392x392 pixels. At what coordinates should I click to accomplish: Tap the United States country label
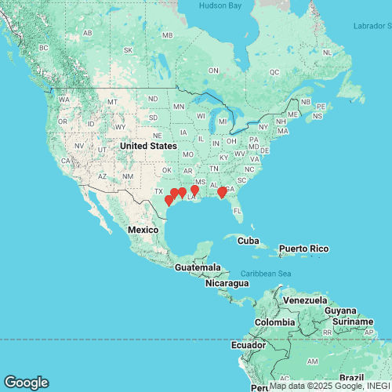click(148, 146)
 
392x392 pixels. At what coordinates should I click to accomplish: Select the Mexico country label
click(143, 229)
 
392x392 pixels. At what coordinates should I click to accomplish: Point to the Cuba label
click(248, 240)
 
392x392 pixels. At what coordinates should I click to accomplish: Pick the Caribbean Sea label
click(267, 273)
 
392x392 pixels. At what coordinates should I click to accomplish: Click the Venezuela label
click(305, 301)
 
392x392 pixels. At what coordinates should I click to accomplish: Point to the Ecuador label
click(246, 344)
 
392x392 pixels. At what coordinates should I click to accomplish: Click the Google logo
click(25, 383)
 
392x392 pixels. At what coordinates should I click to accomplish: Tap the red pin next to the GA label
click(222, 192)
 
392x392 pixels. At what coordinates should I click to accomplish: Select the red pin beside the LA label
click(194, 190)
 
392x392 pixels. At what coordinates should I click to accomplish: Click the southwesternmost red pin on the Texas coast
click(169, 201)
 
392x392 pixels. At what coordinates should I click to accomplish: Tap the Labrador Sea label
click(371, 26)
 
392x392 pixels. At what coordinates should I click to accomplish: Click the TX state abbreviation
click(158, 191)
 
